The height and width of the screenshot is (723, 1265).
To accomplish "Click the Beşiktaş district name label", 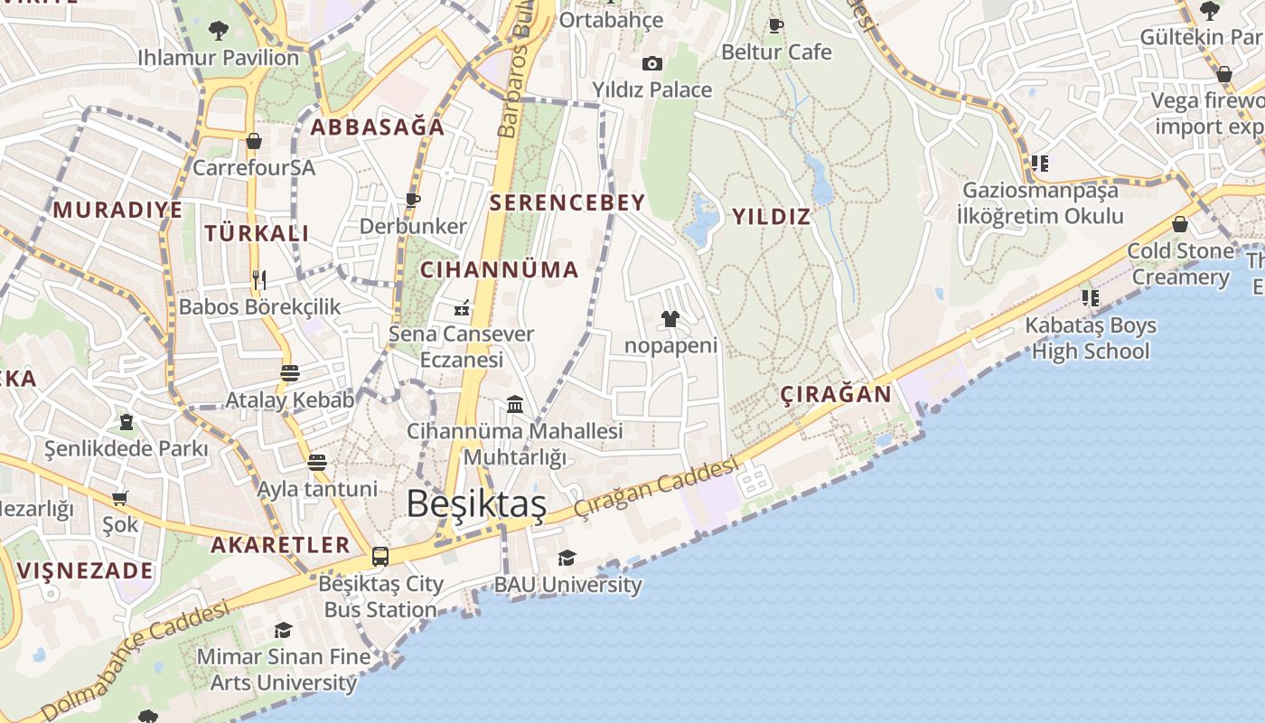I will coord(476,503).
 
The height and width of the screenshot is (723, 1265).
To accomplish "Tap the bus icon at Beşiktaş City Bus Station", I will coord(380,557).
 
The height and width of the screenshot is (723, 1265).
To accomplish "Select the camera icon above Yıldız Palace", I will coord(651,63).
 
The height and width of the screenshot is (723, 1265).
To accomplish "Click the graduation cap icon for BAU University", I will coord(567,558).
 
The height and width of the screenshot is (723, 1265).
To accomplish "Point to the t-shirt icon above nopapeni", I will coord(670,318).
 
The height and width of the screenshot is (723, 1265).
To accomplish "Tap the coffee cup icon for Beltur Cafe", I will coord(775,25).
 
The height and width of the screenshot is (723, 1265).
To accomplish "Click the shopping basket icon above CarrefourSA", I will coord(254,141).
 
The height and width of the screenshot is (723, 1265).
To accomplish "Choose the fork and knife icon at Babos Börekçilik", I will coord(259,279).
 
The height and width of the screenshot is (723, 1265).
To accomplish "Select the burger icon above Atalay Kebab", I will coord(289,372).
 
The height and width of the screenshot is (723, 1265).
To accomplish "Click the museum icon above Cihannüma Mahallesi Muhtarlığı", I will coord(515,404).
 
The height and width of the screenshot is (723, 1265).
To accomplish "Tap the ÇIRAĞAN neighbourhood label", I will coord(836,394).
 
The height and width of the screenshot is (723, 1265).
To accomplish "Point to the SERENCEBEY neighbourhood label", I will coord(567,202).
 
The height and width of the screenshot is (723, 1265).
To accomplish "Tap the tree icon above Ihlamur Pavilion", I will coord(218,31).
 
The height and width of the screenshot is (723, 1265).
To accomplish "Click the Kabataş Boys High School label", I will coord(1091,338).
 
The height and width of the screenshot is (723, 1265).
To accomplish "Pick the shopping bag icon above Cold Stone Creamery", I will coord(1180,224).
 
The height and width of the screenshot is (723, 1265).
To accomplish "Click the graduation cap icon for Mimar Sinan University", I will coord(284,629).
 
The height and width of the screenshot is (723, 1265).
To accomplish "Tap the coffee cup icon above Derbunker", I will coord(413,200).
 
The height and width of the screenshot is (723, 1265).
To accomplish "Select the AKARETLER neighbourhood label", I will coord(280,544).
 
